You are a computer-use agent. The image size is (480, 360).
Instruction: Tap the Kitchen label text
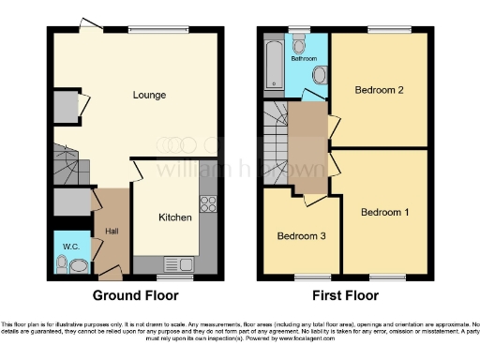pyautogui.click(x=175, y=217)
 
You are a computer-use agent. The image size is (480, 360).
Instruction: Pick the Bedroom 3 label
pyautogui.click(x=300, y=235)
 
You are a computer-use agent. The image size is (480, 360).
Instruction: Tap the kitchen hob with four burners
pyautogui.click(x=208, y=203)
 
